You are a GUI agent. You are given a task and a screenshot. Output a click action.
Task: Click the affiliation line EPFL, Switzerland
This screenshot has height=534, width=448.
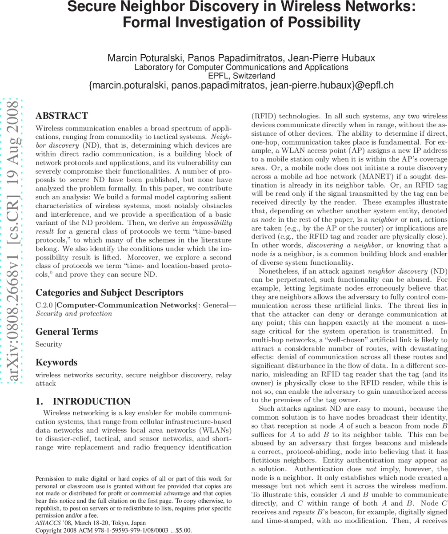tap(241, 76)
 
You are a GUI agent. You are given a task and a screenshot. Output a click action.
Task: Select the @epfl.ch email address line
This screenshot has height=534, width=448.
tap(241, 85)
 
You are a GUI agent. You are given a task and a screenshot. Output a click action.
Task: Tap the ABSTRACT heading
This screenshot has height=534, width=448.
tap(62, 116)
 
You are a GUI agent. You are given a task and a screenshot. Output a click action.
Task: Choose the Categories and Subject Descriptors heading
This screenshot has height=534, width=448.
tap(109, 292)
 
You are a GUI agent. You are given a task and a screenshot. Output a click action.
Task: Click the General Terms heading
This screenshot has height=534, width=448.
tap(67, 332)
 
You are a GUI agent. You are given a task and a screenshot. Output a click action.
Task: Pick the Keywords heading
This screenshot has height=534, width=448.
tap(56, 362)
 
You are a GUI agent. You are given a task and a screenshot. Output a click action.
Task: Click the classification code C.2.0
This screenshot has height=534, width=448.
tap(44, 305)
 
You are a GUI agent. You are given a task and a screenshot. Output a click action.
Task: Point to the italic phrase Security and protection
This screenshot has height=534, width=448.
tap(74, 313)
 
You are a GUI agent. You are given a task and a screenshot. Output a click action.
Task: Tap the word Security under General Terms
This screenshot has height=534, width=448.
tap(49, 344)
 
